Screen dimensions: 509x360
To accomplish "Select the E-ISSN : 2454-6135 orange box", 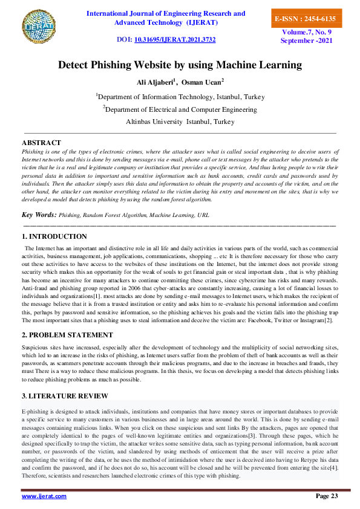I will coord(304,19).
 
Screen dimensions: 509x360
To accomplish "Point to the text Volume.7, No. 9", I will coord(304,33).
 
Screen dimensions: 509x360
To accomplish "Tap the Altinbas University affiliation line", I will coord(180,122).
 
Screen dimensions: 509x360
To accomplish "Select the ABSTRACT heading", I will coord(41,142).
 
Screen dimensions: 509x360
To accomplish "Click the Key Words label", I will coord(39,215).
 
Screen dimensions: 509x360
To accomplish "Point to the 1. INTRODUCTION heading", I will coord(54,236).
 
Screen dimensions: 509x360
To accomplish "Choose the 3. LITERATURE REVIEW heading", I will coord(65,396).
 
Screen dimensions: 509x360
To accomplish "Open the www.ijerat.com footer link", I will coord(44,496).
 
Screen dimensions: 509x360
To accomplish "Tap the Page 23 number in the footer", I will coord(327,496).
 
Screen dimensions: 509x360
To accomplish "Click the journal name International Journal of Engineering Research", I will coord(166,13).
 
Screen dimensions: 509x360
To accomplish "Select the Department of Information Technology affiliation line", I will coord(180,96).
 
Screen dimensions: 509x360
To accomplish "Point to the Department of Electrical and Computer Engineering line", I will coord(180,109).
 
